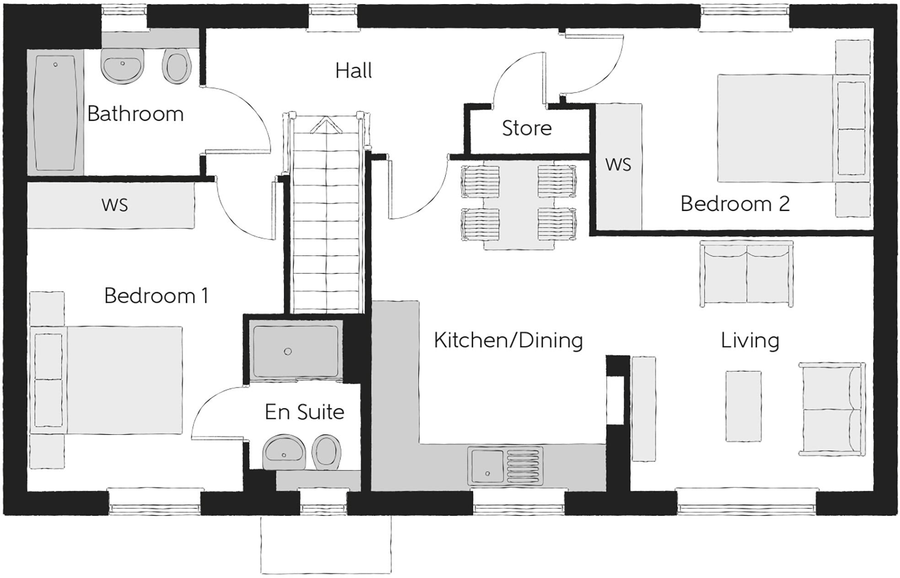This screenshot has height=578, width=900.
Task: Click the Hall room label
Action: point(354,71)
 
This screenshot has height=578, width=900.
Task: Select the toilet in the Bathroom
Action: point(176,68)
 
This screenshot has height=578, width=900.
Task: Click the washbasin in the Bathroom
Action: point(123,66)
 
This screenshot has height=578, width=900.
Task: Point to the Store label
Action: point(526,128)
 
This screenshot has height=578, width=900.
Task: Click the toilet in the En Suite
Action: point(327,452)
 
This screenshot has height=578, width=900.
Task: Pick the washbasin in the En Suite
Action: point(284,452)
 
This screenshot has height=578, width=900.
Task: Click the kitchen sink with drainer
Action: point(505,466)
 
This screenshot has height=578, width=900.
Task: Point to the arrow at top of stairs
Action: point(326,125)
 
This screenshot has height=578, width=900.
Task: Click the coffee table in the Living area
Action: point(744,406)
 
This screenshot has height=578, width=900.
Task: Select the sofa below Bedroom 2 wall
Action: point(746,273)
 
